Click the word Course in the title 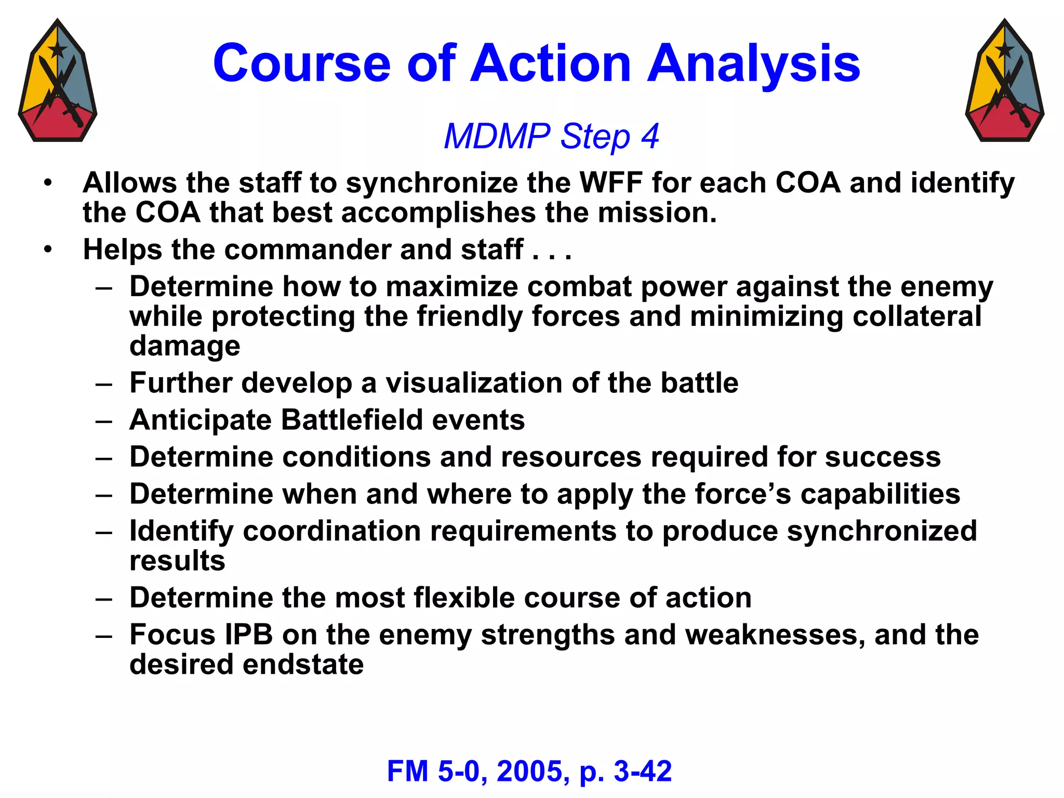coord(301,63)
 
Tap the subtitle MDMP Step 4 coord(551,136)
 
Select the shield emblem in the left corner coord(58,81)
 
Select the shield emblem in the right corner coord(1005,81)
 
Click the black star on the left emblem coord(57,50)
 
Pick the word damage coord(185,346)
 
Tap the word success coord(883,457)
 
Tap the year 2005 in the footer coord(529,771)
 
